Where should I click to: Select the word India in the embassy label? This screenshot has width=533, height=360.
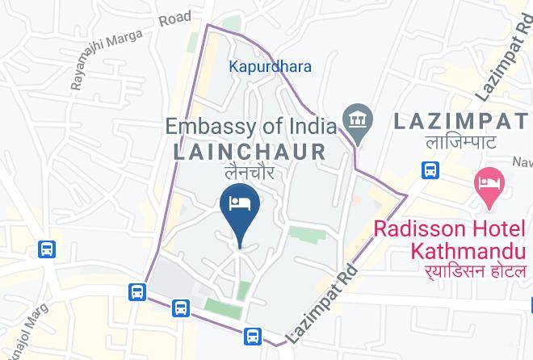click(x=309, y=127)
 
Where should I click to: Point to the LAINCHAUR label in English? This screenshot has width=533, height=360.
click(x=250, y=151)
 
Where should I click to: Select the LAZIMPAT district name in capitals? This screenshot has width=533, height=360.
click(x=463, y=123)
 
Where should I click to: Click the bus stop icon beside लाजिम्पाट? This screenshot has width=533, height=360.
click(x=430, y=170)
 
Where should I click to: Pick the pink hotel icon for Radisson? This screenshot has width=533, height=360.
click(x=489, y=182)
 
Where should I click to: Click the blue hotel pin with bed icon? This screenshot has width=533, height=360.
click(x=239, y=204)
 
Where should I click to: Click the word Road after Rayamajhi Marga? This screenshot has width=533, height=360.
click(x=174, y=17)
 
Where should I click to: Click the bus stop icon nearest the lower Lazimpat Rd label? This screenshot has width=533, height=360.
click(x=254, y=335)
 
